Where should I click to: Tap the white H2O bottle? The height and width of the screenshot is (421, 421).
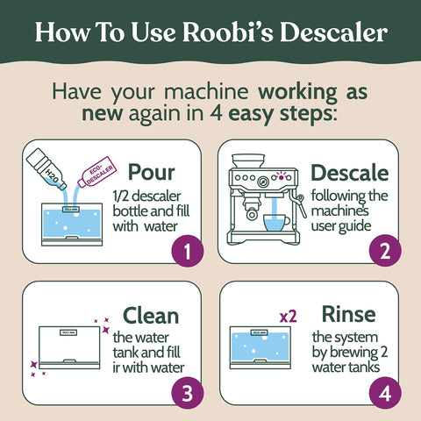[x=46, y=171]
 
